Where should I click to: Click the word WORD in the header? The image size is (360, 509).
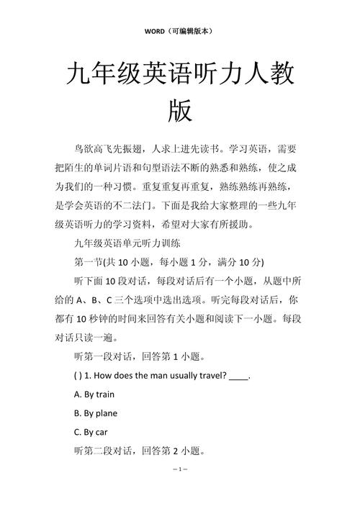[x=155, y=32]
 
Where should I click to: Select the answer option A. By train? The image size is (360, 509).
[x=94, y=395]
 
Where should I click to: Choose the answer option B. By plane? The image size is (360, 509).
[x=96, y=413]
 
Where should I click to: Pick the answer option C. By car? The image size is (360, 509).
[x=91, y=433]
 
